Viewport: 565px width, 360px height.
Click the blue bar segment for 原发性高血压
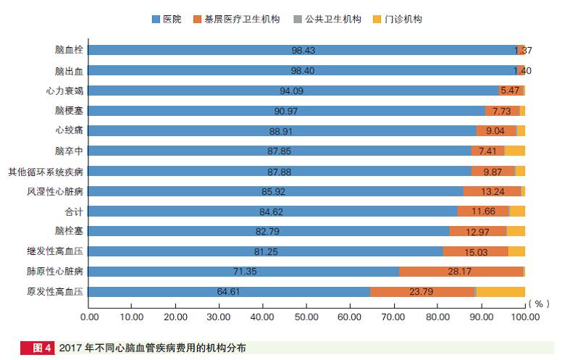click(x=230, y=292)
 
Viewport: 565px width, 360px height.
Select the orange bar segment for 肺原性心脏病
click(x=461, y=272)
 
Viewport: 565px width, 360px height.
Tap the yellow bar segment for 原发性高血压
click(x=501, y=292)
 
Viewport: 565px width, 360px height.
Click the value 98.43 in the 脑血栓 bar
click(x=304, y=51)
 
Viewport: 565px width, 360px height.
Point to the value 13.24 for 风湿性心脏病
click(x=493, y=192)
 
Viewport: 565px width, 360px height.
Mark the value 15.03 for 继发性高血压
click(x=475, y=252)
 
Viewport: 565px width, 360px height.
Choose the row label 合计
click(x=74, y=212)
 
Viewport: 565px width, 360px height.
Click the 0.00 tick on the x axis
click(x=89, y=317)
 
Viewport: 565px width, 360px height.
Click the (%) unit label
click(x=539, y=304)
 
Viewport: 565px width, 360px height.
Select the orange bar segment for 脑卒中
click(x=487, y=151)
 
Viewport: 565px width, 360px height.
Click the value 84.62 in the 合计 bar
click(x=274, y=212)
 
